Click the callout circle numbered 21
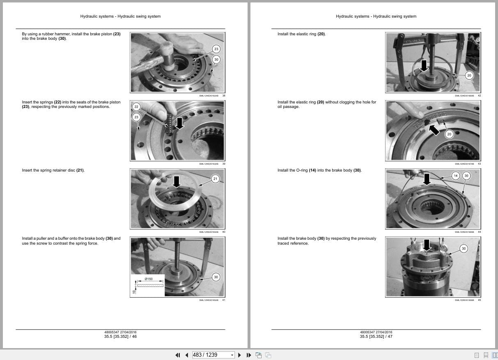[215, 179]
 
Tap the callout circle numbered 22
[136, 107]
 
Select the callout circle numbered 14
[455, 176]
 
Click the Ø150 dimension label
[149, 279]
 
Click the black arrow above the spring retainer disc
[177, 181]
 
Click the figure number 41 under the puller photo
[223, 300]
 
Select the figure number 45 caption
[479, 300]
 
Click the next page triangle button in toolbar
[239, 355]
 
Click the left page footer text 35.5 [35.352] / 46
[120, 337]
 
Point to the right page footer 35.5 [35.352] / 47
[376, 337]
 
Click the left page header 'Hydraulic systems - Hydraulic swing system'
[120, 16]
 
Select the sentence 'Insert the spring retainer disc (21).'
[53, 170]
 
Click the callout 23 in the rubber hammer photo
[216, 49]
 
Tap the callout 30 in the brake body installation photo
[464, 248]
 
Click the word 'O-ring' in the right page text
[303, 170]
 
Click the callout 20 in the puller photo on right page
[469, 75]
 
